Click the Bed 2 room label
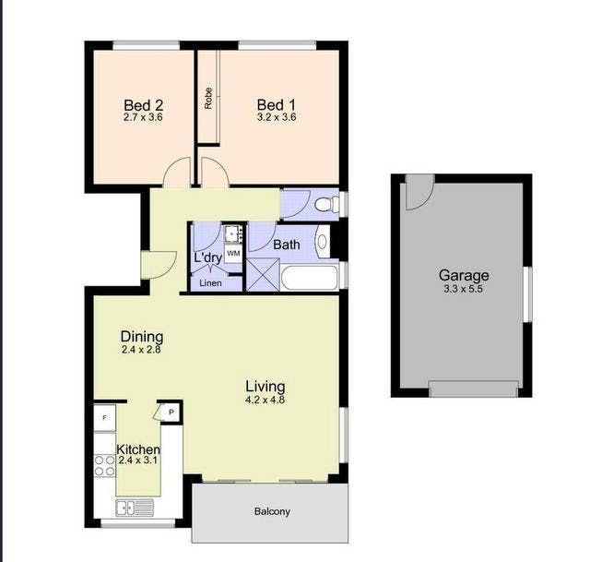click(144, 105)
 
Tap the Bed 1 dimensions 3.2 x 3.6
click(277, 117)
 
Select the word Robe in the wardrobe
click(208, 99)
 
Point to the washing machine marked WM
click(233, 253)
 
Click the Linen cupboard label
click(210, 283)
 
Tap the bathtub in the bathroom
click(310, 278)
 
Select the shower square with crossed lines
click(263, 275)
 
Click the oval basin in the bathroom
click(323, 242)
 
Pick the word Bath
click(287, 245)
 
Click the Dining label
click(142, 336)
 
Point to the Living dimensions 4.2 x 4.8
click(265, 400)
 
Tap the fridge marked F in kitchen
click(104, 417)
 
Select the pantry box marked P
click(171, 413)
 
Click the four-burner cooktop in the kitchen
click(104, 466)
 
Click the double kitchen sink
click(135, 508)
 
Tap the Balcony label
click(272, 511)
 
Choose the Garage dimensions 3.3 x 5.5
click(463, 289)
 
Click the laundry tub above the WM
click(233, 233)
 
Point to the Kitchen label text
click(138, 449)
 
